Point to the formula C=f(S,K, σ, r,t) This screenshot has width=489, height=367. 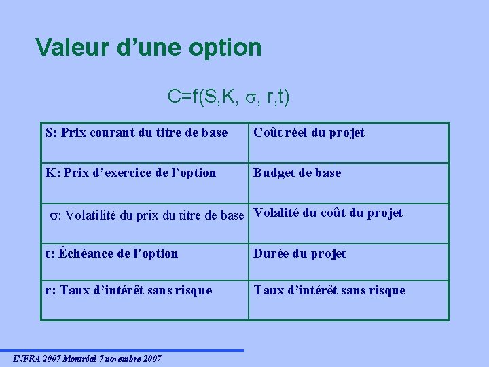(229, 98)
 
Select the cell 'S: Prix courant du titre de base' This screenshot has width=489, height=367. (137, 133)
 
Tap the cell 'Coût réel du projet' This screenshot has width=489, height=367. (309, 133)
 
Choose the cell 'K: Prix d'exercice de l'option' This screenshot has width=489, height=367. (131, 173)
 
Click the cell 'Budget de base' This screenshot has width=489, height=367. (297, 173)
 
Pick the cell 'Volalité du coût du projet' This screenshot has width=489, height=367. (328, 213)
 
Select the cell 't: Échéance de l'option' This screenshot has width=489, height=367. (112, 254)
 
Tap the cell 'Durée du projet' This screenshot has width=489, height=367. (300, 254)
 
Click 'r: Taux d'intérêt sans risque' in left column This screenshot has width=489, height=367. (129, 290)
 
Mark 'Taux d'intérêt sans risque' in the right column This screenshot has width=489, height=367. (329, 290)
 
